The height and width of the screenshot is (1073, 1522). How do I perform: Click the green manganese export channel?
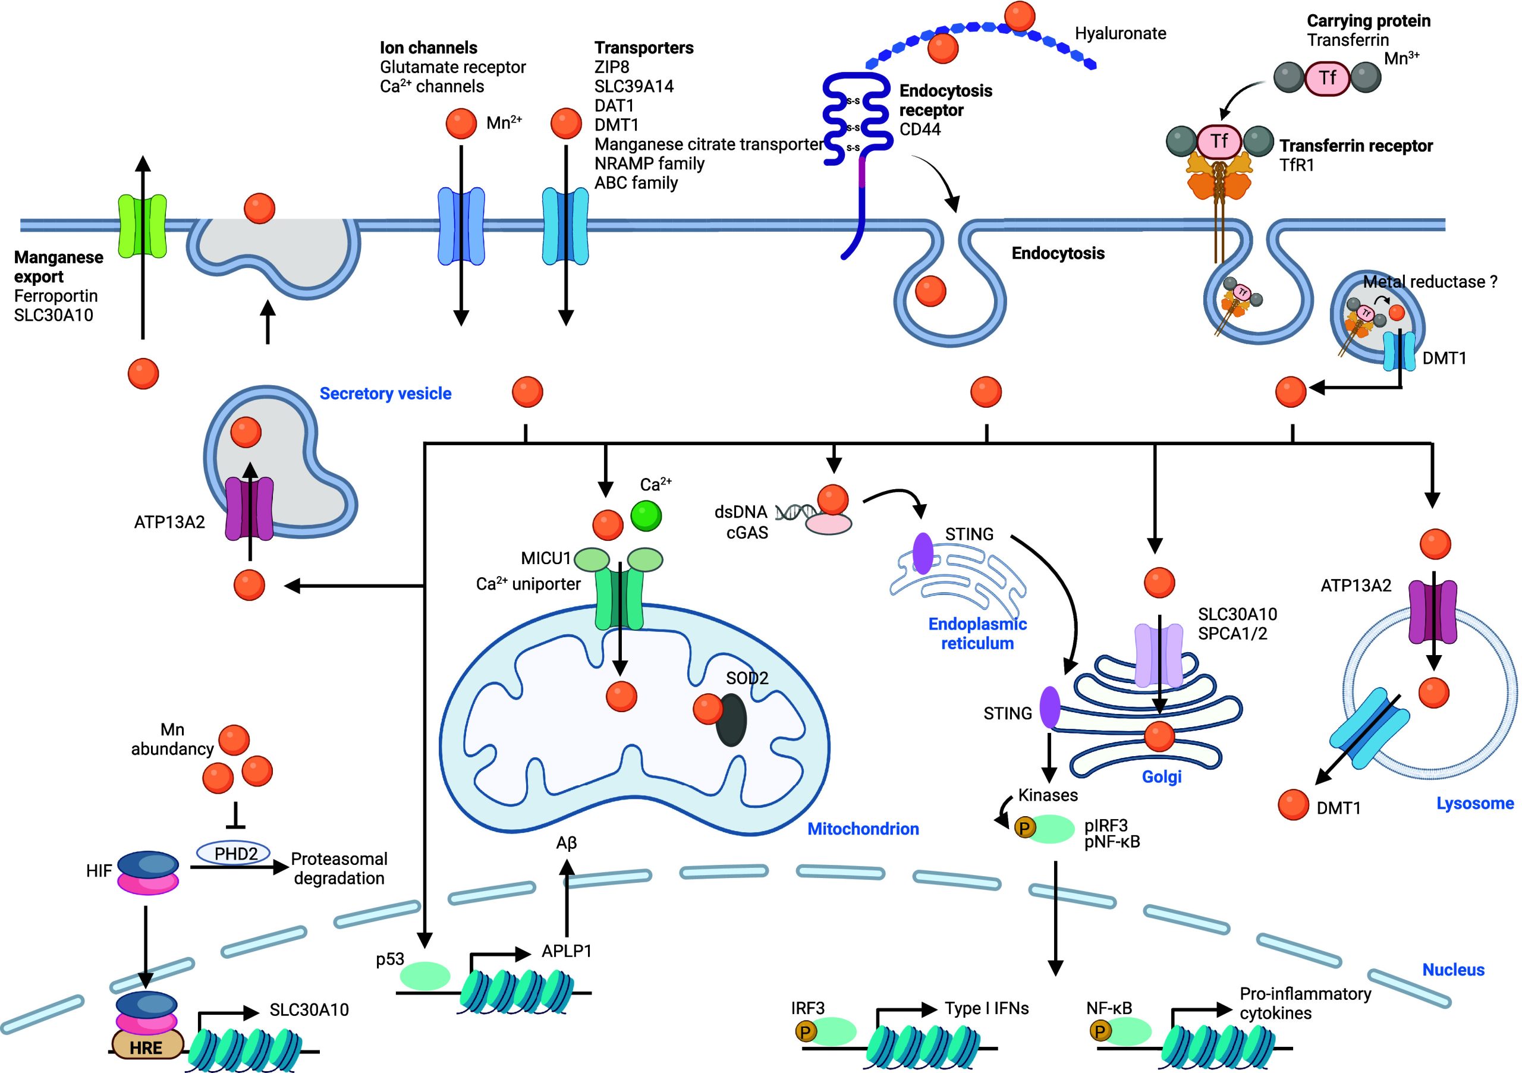[142, 225]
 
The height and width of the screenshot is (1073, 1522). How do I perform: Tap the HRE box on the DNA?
[146, 1048]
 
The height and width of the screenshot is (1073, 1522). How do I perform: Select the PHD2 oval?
[236, 853]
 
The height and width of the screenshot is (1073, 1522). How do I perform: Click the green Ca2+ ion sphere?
[646, 515]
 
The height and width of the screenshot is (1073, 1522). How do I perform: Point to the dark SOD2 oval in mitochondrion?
[732, 720]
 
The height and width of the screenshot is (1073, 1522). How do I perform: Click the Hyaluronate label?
[1120, 33]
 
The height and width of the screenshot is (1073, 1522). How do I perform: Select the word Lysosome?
[1474, 803]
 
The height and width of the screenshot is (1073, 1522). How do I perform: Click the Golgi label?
[1161, 776]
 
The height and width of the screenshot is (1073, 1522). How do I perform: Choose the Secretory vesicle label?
[385, 393]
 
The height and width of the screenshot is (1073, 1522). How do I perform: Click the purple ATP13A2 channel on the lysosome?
[1432, 612]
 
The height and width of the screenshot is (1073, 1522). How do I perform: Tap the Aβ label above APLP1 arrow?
[566, 842]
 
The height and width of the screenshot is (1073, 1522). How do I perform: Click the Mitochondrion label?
[863, 829]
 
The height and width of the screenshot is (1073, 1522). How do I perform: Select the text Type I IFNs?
[986, 1009]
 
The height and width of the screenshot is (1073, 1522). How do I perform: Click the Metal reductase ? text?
[1429, 282]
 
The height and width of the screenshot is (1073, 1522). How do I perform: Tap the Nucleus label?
[1453, 970]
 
